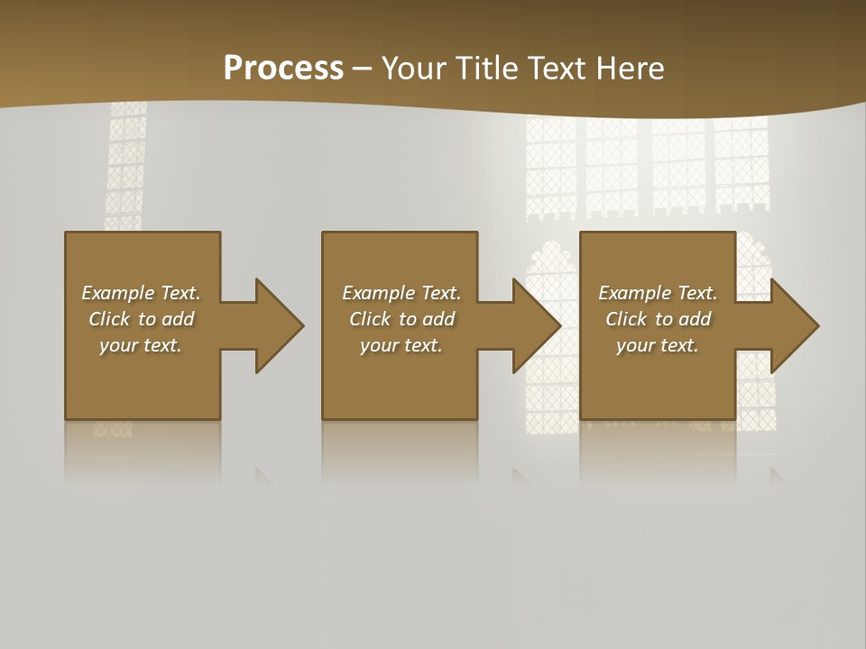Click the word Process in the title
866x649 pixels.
tap(283, 69)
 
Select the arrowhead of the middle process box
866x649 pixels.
tap(536, 325)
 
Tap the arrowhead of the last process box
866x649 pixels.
tap(794, 325)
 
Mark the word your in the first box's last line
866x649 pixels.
tap(118, 345)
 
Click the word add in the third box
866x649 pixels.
tap(695, 319)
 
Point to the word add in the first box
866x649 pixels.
tap(178, 319)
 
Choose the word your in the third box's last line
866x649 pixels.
tap(635, 345)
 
